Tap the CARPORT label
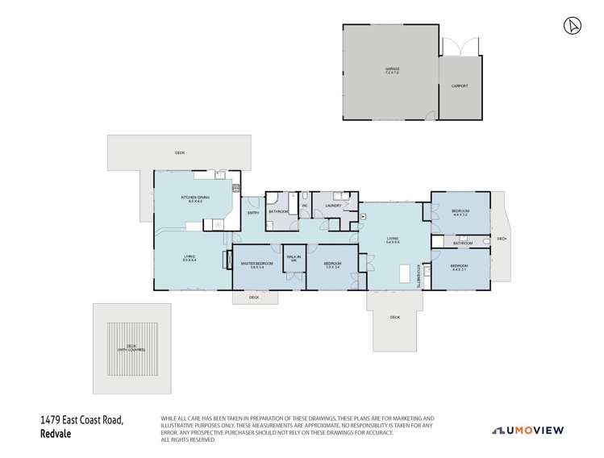[460, 85]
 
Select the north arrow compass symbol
[571, 26]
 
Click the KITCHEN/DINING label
[194, 198]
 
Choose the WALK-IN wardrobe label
[294, 259]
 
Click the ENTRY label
[253, 213]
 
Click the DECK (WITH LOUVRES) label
[131, 348]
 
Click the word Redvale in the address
[56, 433]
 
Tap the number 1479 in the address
[50, 420]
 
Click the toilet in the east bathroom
[485, 241]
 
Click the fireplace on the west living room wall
[230, 260]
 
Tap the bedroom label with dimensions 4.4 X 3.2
[460, 212]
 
